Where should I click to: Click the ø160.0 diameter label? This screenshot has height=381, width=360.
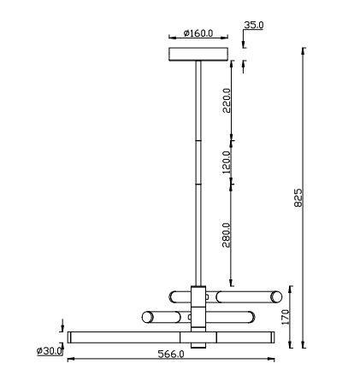198,34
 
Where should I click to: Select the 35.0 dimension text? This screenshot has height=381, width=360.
253,26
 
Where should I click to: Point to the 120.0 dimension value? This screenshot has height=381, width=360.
227,162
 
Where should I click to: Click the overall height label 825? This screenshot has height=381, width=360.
298,197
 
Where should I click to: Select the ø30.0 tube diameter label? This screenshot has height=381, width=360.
50,351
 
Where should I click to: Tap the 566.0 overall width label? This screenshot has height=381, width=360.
171,355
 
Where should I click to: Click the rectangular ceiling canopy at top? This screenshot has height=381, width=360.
199,54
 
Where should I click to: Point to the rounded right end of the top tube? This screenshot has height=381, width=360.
275,296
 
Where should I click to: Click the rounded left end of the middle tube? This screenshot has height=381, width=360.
147,318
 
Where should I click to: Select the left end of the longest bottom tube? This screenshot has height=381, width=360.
72,337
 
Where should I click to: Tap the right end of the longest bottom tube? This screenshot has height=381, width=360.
272,337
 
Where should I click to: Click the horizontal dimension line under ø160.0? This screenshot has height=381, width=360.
198,40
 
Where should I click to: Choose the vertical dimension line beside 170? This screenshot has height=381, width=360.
292,318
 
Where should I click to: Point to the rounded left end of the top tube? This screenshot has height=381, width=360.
174,296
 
